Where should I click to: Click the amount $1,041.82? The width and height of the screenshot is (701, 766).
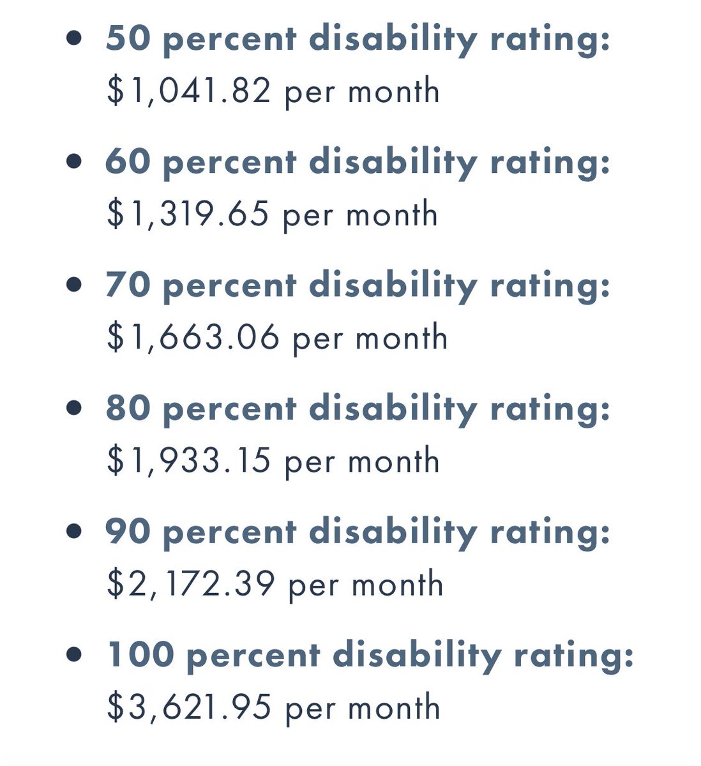pos(189,91)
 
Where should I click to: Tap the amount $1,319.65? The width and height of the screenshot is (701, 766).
pos(188,214)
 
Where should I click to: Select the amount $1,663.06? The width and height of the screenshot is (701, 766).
pos(193,338)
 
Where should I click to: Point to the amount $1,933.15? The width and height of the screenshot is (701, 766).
pos(189,461)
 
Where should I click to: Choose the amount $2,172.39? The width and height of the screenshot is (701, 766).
pos(191,584)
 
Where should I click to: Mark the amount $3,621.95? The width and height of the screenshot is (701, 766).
pos(189,707)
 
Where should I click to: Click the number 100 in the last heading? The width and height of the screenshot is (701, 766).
pos(140,654)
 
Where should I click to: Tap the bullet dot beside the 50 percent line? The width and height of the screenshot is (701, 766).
pos(75,38)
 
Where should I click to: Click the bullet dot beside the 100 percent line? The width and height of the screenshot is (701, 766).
pos(75,654)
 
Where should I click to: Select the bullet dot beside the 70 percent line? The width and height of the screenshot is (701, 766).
pos(75,285)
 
